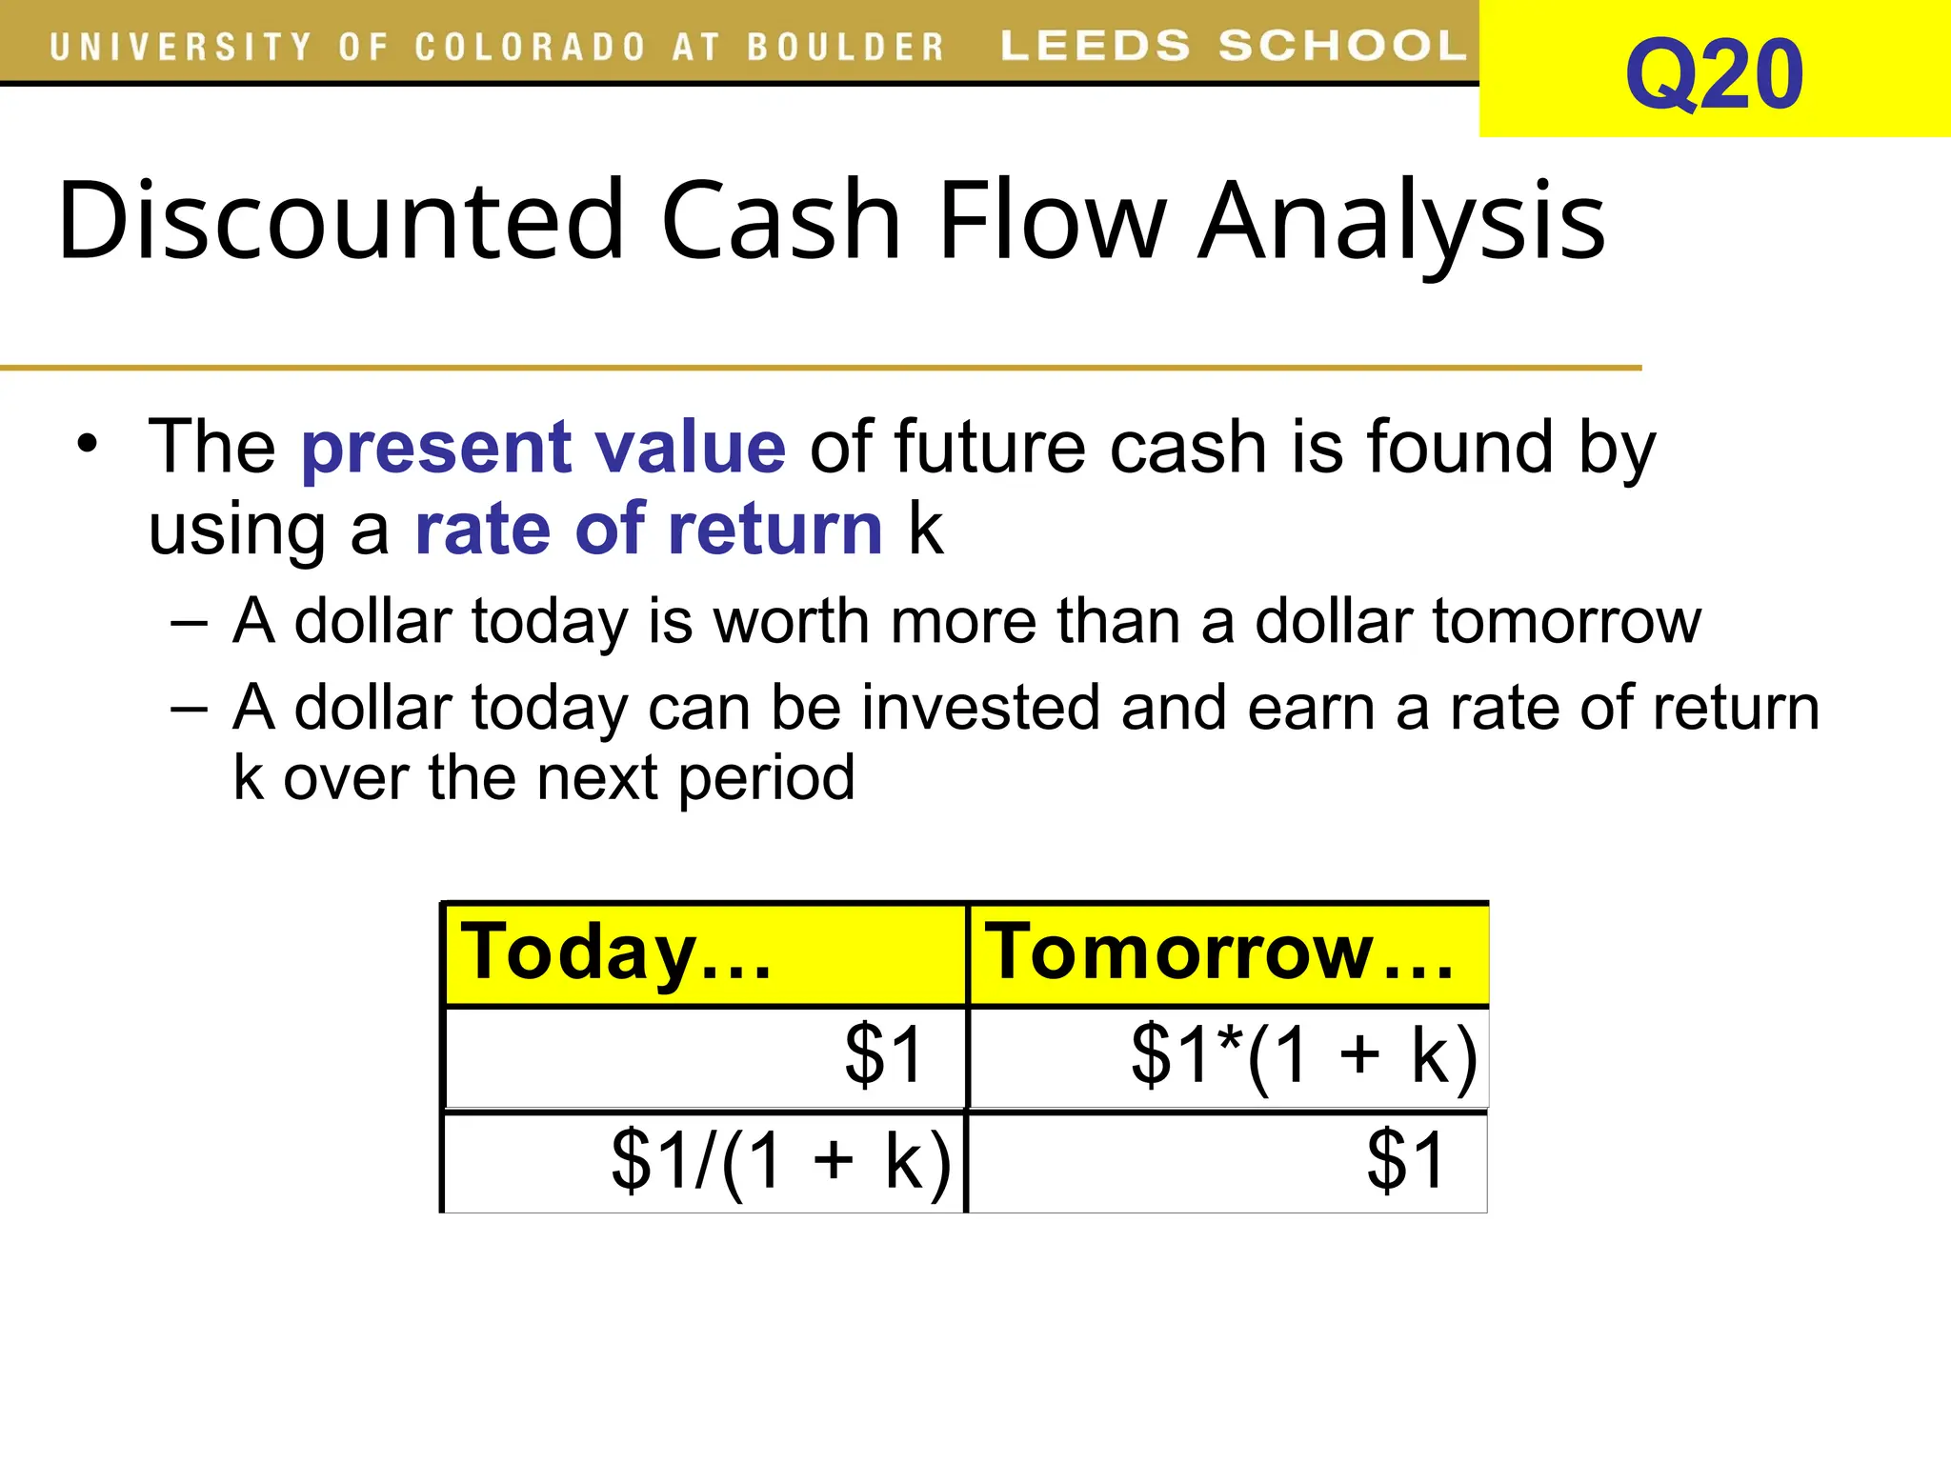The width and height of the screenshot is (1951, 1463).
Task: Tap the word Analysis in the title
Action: click(1401, 220)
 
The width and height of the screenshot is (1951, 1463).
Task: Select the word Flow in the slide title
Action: click(1052, 220)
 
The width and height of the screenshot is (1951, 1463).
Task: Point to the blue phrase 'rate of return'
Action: click(649, 529)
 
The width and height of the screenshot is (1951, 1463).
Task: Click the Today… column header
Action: click(615, 952)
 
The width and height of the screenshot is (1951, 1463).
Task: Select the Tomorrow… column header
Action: click(1219, 952)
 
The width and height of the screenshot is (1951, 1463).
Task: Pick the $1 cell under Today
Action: click(883, 1054)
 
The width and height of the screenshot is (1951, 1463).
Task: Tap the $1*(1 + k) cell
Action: click(1303, 1055)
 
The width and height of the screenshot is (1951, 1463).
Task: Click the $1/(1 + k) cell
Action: click(780, 1160)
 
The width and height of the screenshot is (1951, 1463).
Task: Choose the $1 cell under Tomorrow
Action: click(1405, 1160)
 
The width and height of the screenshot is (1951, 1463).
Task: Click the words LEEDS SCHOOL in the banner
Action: click(1233, 46)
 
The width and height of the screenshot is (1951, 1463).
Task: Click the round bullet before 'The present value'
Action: click(88, 444)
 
